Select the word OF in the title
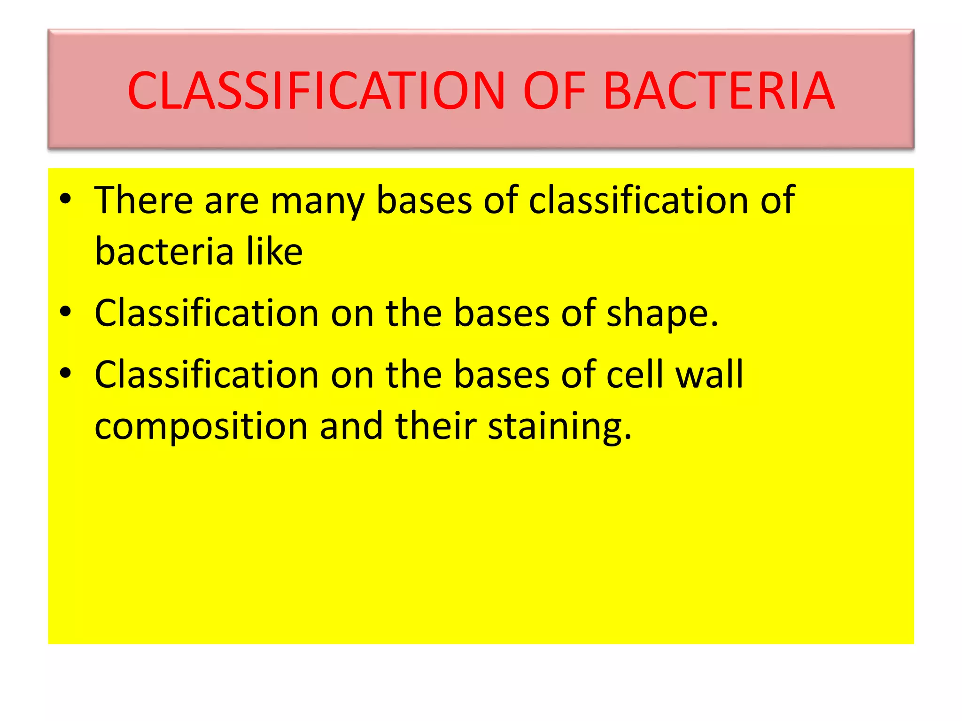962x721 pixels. click(554, 91)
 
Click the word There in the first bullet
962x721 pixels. click(144, 200)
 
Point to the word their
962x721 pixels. click(436, 426)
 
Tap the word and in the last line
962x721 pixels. click(351, 426)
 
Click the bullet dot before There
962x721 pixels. click(65, 199)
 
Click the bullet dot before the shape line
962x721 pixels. click(65, 312)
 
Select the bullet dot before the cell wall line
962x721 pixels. click(65, 373)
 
